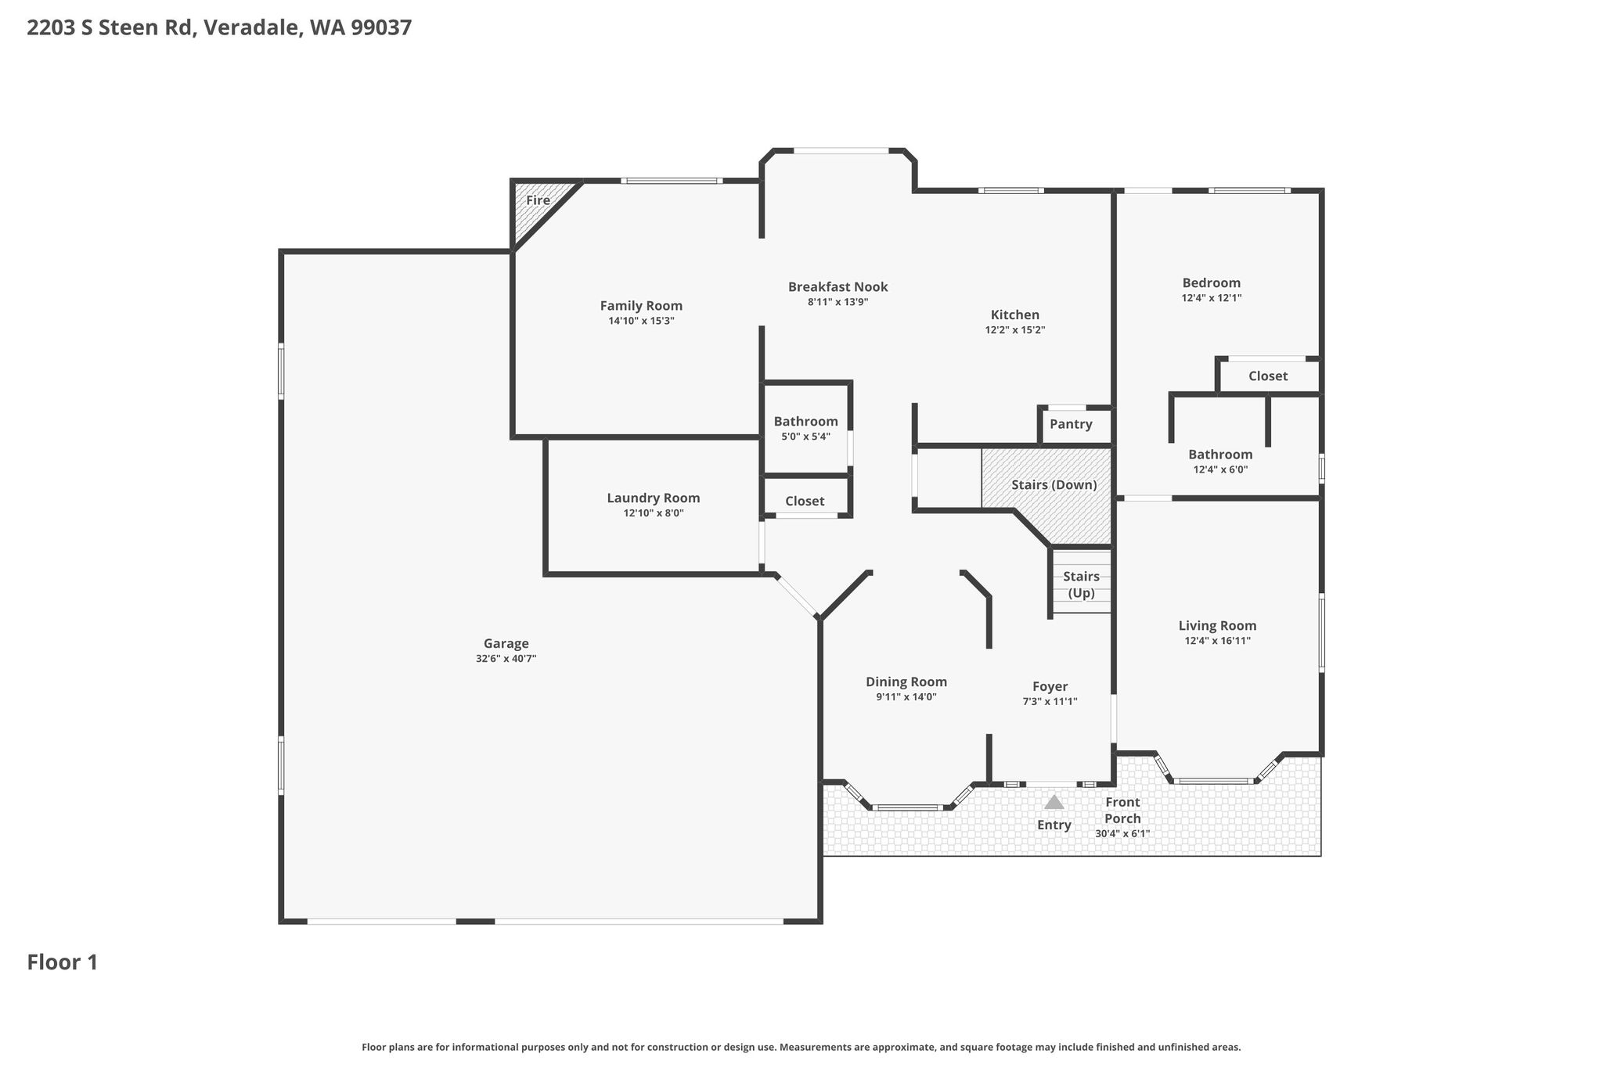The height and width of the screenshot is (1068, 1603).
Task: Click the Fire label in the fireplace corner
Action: pos(538,200)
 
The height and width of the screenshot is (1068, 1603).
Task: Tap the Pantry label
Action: pos(1071,424)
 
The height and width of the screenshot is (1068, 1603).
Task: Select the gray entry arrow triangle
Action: pos(1054,802)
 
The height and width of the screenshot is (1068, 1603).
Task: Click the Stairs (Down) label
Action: pos(1054,484)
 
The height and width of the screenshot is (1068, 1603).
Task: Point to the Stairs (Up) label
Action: pos(1081,585)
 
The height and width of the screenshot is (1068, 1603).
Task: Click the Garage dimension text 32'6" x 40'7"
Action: pos(506,659)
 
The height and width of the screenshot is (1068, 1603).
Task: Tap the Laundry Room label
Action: pos(654,498)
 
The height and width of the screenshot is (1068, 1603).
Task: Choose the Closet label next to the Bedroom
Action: pos(1268,376)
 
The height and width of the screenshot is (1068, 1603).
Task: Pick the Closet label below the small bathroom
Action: pos(805,502)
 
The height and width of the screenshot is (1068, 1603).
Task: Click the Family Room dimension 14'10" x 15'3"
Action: pos(641,321)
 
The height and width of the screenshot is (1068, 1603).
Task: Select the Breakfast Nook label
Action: pos(838,287)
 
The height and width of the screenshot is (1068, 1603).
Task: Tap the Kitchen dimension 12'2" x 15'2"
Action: pos(1015,330)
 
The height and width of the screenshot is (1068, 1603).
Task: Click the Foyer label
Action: pos(1050,687)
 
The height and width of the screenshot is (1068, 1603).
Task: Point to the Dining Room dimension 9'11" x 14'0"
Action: pos(906,697)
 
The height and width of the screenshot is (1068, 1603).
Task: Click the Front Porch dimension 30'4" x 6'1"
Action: pos(1122,834)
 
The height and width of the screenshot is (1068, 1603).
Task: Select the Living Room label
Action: pos(1218,625)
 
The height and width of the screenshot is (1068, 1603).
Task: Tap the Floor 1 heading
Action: pos(63,962)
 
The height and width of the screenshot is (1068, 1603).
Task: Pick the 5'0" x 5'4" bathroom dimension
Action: pos(805,437)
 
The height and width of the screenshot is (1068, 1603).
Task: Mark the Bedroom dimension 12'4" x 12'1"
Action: pos(1212,298)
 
